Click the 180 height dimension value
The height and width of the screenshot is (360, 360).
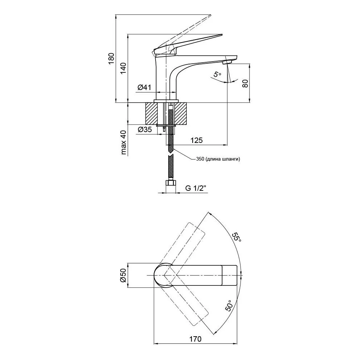tap(111, 59)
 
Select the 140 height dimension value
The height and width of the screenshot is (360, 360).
tap(123, 68)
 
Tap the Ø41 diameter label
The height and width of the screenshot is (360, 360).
tap(144, 87)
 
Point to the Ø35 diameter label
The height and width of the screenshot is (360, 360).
tap(145, 130)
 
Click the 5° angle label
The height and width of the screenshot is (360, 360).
tap(217, 75)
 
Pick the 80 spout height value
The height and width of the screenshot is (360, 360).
tap(245, 84)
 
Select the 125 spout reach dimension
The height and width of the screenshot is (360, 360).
tap(197, 140)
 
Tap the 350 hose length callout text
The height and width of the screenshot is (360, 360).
tap(218, 159)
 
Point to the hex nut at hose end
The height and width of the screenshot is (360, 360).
tap(171, 183)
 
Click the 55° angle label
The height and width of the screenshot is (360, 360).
tap(237, 237)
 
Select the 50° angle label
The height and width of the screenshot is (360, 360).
tap(230, 305)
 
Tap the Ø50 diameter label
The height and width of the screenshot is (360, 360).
tap(123, 275)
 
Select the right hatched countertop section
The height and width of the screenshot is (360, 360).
tap(181, 114)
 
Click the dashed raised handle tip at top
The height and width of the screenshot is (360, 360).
tap(210, 15)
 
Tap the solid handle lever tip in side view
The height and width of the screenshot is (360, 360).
tap(221, 35)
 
